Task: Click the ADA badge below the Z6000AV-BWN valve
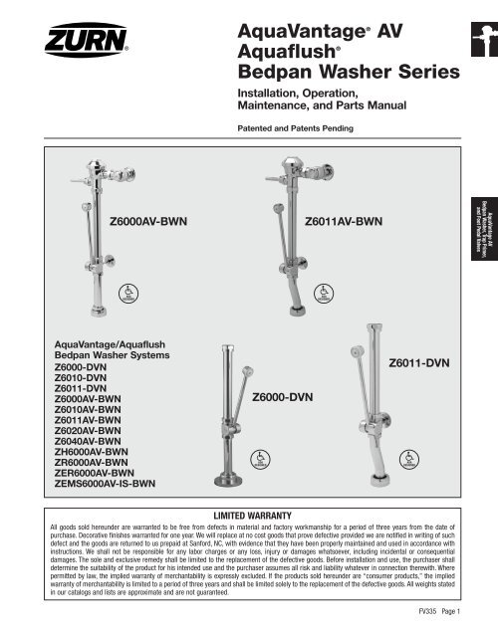coord(125,293)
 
